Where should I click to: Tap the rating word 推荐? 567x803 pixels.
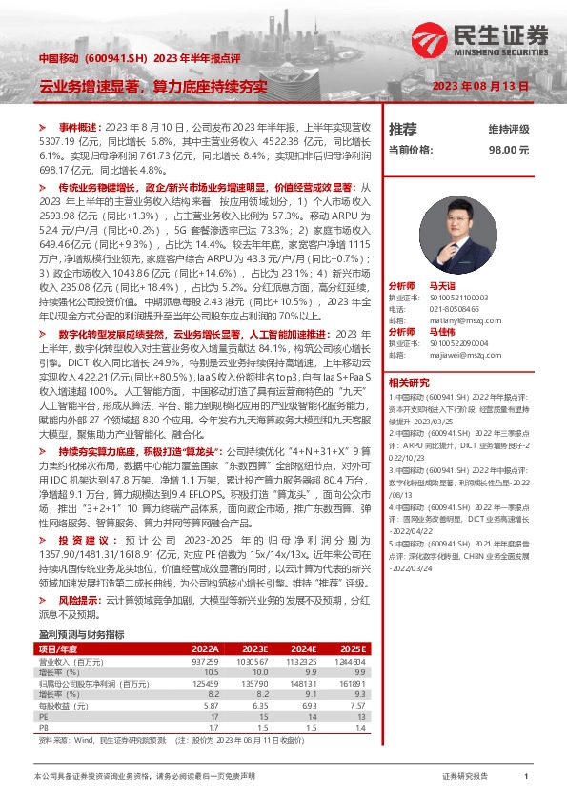(402, 129)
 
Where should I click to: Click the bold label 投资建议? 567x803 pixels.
(80, 539)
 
